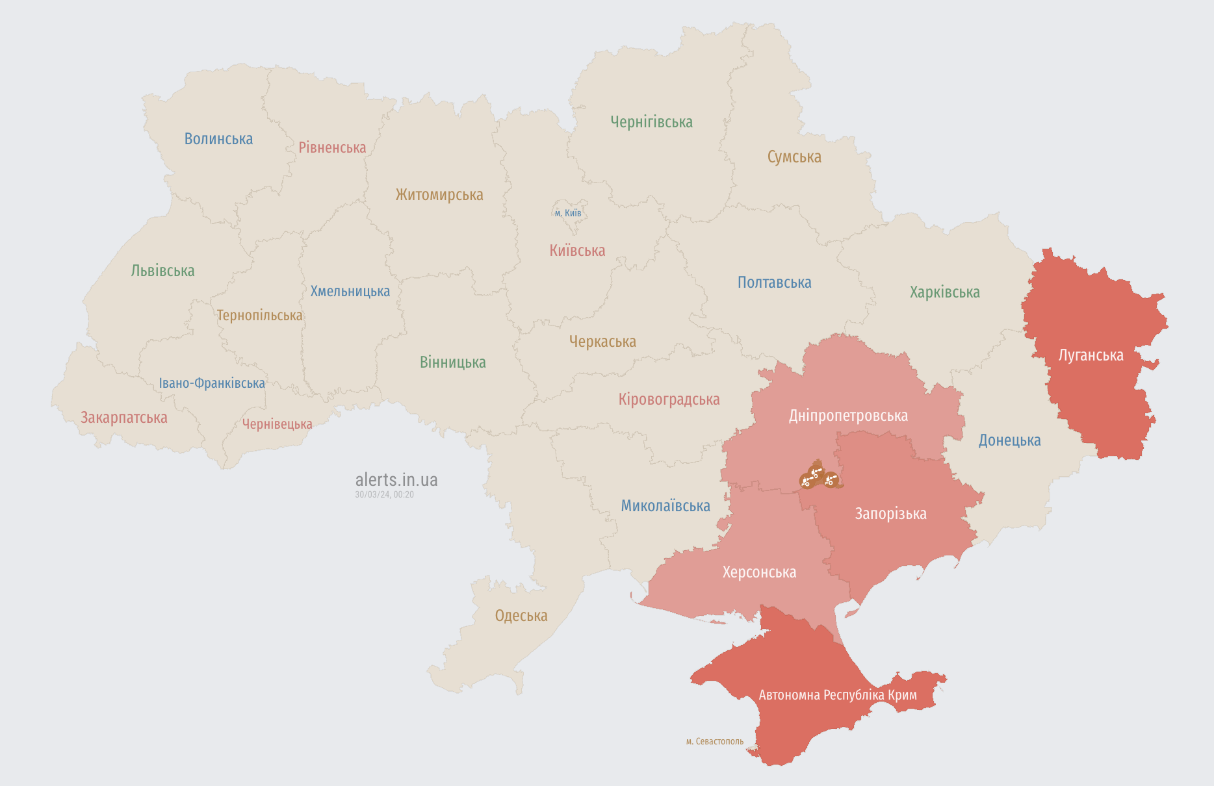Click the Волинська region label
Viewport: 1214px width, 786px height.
[x=218, y=139]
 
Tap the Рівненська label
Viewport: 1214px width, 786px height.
[x=332, y=148]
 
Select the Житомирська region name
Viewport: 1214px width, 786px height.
[x=439, y=195]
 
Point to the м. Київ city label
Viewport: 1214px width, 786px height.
[x=568, y=213]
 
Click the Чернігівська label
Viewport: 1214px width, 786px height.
[x=651, y=122]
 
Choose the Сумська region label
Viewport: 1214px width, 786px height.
[x=794, y=157]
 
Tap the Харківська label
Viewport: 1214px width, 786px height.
[x=944, y=292]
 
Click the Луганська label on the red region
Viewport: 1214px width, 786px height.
[x=1091, y=355]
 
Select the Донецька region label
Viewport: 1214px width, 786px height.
[x=1009, y=440]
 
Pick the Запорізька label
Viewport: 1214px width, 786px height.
[x=890, y=514]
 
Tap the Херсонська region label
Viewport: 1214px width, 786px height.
[x=759, y=572]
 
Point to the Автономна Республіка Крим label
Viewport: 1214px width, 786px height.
[x=838, y=695]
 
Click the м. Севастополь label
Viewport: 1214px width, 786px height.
[x=714, y=741]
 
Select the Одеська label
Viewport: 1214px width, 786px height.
[x=521, y=616]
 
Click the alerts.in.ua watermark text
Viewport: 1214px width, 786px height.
[x=396, y=480]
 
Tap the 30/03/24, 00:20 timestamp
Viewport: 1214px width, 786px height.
[x=384, y=495]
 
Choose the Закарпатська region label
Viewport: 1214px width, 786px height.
[x=124, y=418]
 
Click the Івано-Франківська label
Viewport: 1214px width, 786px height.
[x=212, y=383]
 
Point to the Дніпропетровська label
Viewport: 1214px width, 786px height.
[x=848, y=416]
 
